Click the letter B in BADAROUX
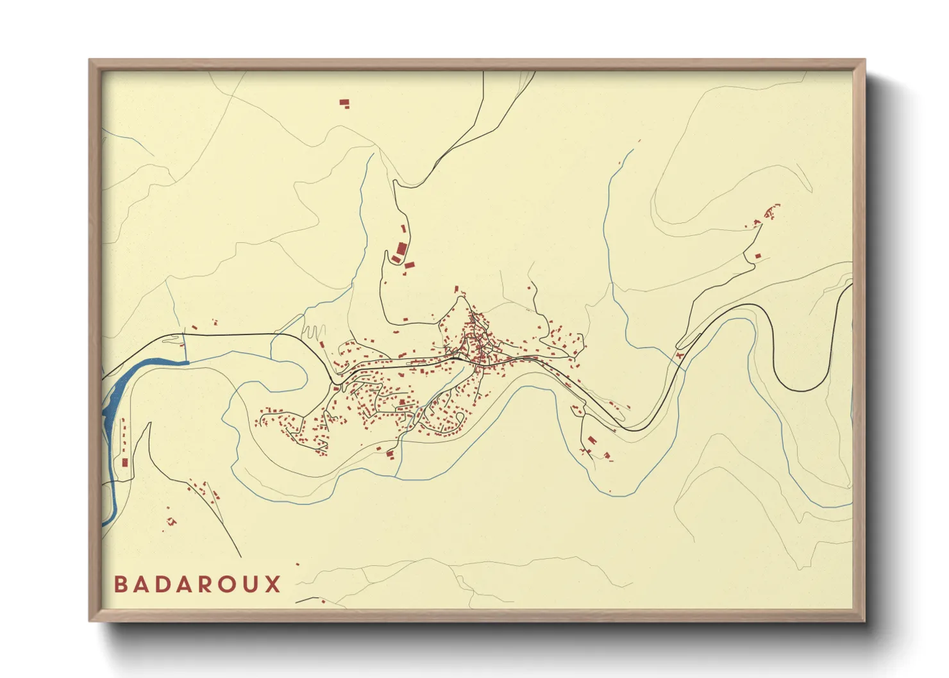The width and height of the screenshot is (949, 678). pos(121,584)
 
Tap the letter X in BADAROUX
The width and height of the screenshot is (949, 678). pos(274,584)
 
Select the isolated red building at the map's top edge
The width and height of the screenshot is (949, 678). pos(344,102)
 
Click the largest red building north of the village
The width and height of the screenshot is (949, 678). pos(401,249)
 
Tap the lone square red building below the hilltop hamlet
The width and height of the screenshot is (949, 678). pos(757,256)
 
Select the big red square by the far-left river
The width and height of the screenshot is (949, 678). pos(125,462)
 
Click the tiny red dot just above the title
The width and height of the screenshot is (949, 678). pos(298,565)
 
